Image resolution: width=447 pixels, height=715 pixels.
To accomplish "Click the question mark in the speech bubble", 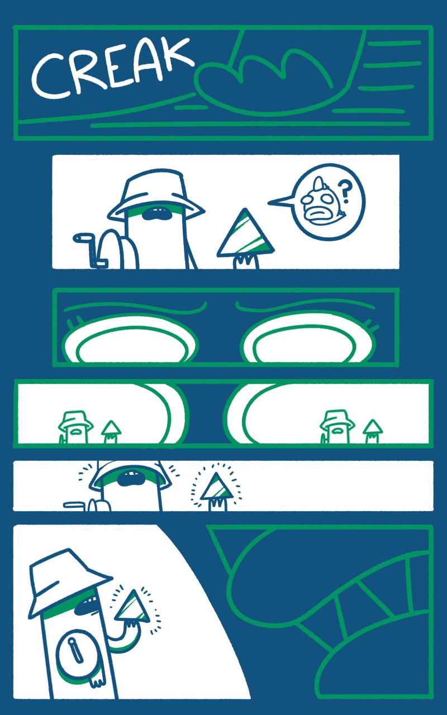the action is pos(345,192).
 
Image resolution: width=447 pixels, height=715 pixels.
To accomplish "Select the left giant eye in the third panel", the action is pos(130,340).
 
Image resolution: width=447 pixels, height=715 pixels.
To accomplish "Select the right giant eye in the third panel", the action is pos(308,340).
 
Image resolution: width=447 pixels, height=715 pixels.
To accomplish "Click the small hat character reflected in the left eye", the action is pos(75,427).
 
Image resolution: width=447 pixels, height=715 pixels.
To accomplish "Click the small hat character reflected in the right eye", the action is pos(337,426).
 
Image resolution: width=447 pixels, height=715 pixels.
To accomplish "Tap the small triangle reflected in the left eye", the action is pos(111,432).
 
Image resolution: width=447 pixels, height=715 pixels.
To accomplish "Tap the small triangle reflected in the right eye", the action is pos(373,431).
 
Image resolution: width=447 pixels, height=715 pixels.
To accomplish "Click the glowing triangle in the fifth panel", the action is pos(217,489).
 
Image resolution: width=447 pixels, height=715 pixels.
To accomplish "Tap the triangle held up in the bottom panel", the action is pos(132,607).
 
